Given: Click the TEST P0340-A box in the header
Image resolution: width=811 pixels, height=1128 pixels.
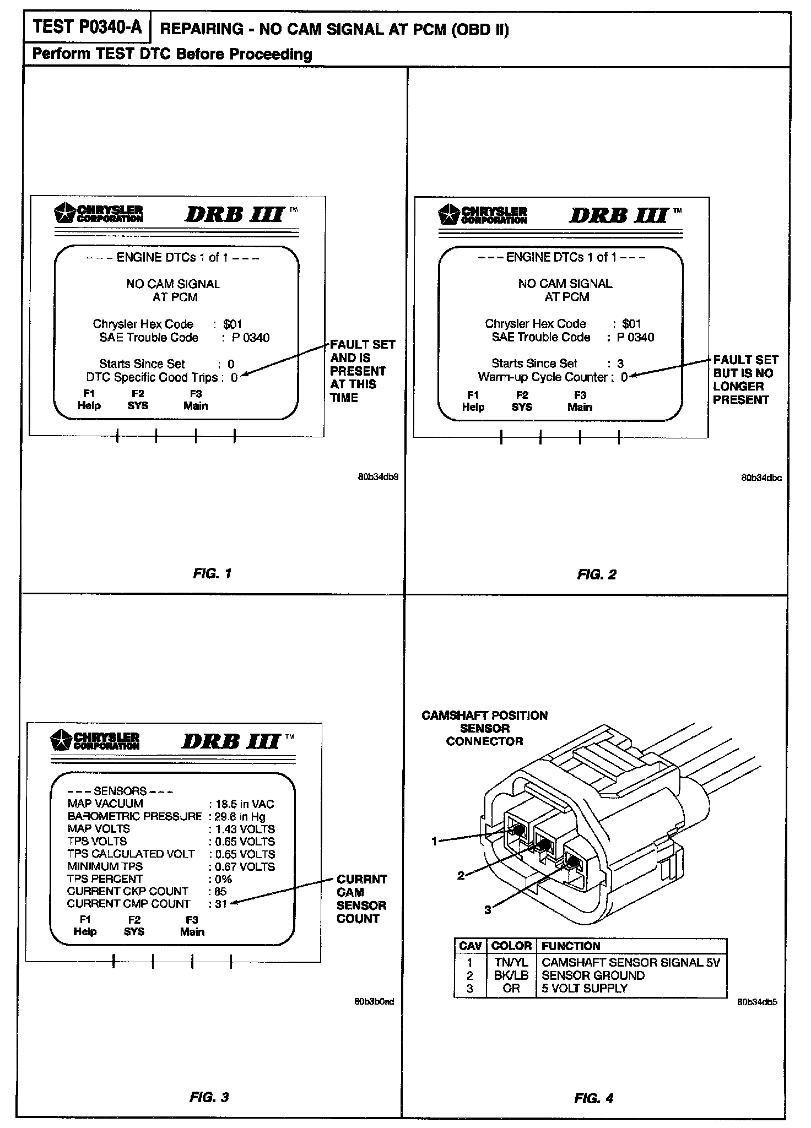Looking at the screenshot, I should click(x=86, y=28).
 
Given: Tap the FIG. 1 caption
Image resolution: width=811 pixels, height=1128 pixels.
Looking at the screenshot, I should click(x=212, y=573).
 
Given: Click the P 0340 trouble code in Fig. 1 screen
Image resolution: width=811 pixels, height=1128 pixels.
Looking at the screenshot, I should click(x=251, y=338).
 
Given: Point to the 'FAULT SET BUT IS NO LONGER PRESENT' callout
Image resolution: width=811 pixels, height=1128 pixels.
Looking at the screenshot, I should click(x=745, y=379).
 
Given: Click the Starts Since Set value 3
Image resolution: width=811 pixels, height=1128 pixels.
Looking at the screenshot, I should click(x=620, y=364).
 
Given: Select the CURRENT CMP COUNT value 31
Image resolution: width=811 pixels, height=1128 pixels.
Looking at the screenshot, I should click(x=221, y=904).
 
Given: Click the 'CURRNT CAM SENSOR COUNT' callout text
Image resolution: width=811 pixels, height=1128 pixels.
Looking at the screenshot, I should click(x=361, y=899).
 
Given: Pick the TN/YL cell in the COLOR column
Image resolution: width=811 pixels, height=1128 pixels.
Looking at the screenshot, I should click(x=511, y=962).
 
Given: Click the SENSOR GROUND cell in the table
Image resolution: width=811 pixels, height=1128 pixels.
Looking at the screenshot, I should click(x=593, y=975).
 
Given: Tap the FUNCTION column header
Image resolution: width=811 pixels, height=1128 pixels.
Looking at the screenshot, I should click(x=571, y=946).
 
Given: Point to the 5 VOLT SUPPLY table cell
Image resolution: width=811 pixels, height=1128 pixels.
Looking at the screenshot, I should click(x=585, y=988).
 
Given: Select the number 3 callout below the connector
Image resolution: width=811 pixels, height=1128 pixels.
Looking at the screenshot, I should click(x=488, y=910).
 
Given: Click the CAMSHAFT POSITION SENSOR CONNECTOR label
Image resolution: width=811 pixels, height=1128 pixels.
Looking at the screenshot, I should click(x=484, y=728).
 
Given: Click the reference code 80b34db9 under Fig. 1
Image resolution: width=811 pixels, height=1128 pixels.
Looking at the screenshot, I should click(x=378, y=476).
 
